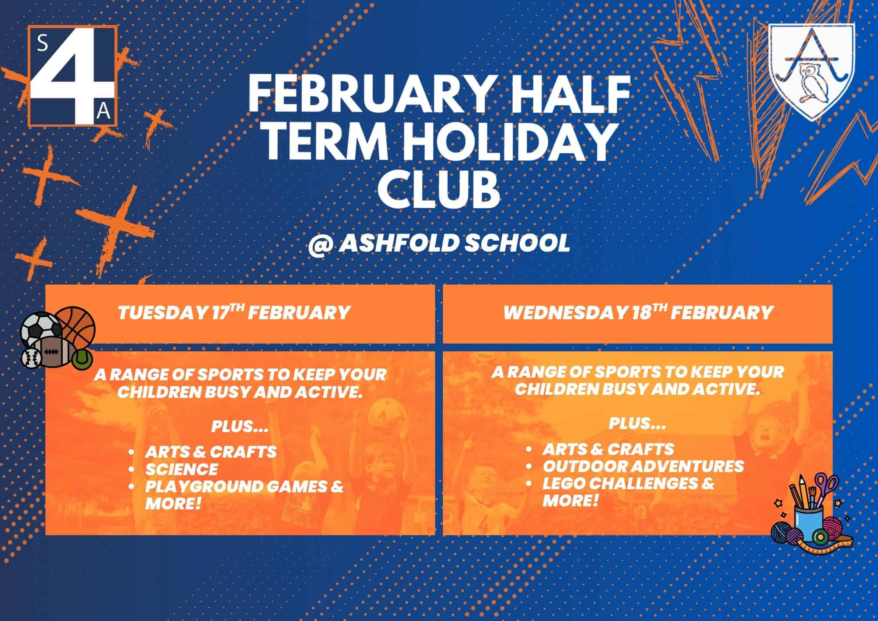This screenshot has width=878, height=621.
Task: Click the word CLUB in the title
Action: coord(439,191)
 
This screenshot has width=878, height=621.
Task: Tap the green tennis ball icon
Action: coord(82,359)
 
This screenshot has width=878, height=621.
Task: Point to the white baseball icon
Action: coord(31,357)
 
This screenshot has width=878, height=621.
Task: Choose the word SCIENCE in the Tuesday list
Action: coord(182,469)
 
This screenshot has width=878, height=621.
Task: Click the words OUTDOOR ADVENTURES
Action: coord(643,466)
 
